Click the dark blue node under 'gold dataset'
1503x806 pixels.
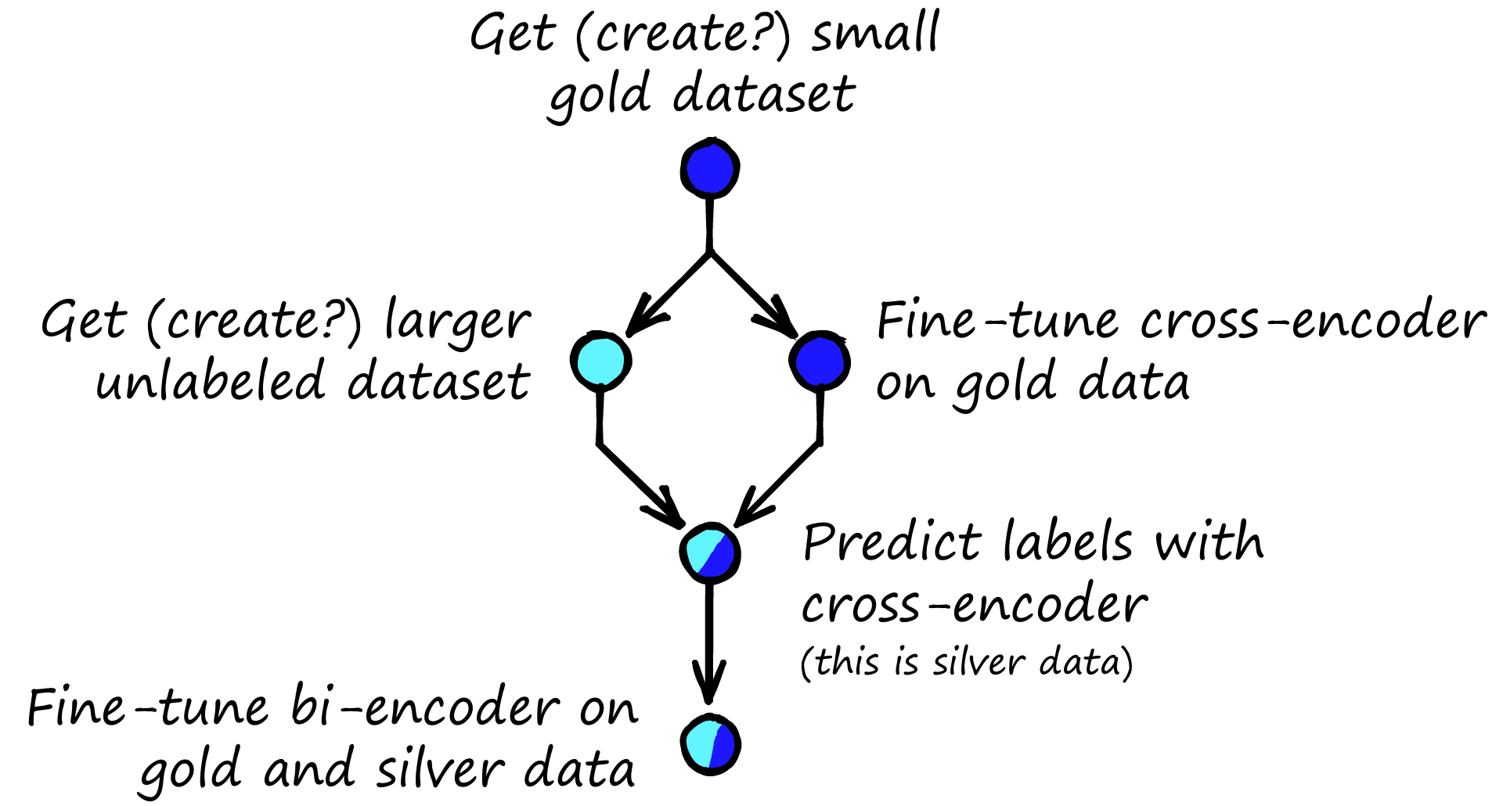[709, 167]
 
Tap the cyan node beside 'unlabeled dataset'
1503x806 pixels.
[600, 361]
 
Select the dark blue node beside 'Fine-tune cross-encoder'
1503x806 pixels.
[819, 362]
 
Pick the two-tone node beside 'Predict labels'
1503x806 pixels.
[709, 553]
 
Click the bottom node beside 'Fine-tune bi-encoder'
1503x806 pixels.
[710, 744]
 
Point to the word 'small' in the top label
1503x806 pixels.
[874, 35]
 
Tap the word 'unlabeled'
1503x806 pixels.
[211, 382]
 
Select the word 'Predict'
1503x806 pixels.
[892, 542]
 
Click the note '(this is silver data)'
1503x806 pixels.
[967, 662]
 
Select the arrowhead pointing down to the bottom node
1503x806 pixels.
[709, 685]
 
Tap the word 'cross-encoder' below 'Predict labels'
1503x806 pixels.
[975, 605]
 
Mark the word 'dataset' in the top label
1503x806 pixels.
[764, 95]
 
